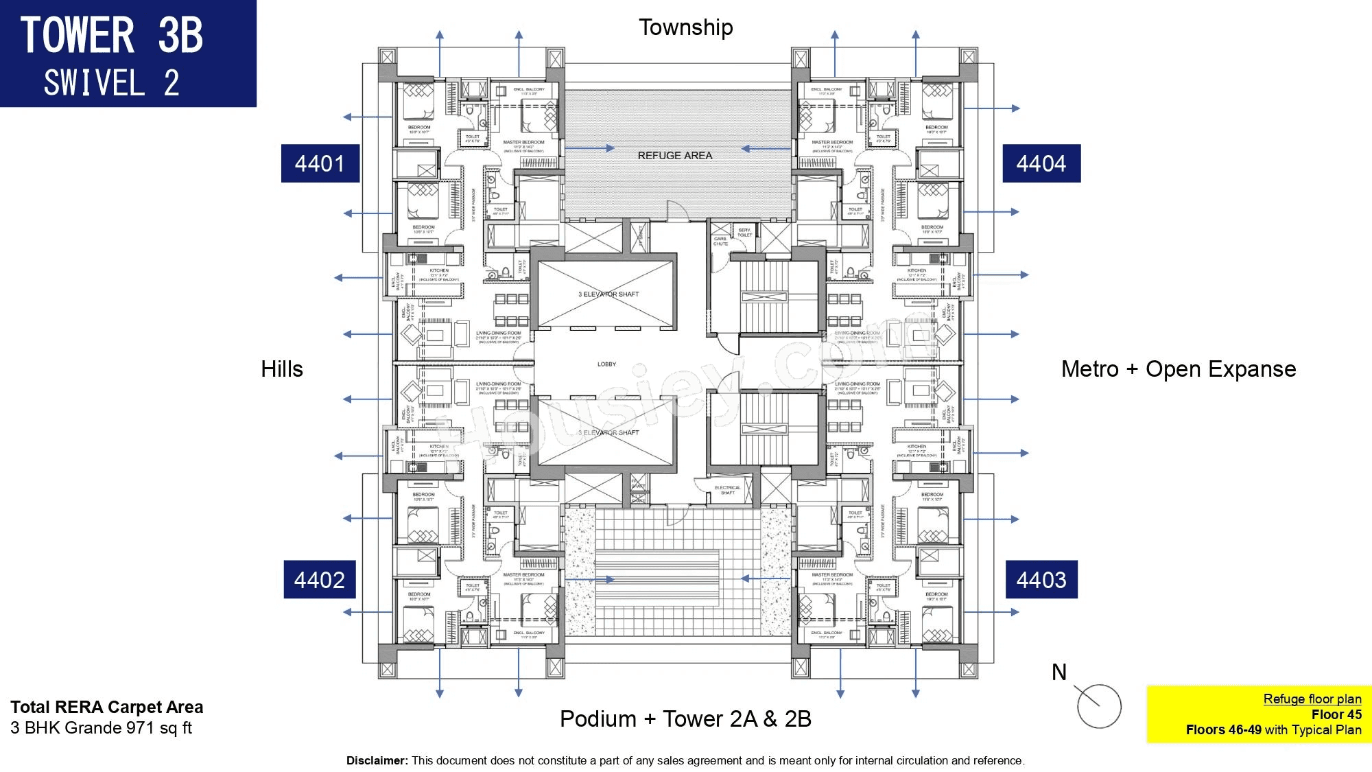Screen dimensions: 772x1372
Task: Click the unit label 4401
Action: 320,163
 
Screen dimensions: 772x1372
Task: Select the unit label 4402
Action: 320,580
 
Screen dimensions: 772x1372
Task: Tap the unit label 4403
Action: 1041,580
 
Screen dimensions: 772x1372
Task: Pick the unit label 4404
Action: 1041,163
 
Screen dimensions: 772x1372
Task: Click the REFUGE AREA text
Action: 675,156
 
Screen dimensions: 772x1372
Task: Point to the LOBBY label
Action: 606,364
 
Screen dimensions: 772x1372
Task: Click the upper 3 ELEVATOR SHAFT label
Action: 608,294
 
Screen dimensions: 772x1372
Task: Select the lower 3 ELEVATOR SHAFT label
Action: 608,433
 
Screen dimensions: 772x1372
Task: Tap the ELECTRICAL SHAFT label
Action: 728,490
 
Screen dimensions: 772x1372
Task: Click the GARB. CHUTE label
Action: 720,241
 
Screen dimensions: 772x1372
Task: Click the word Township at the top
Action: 686,27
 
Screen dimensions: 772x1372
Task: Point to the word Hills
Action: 282,369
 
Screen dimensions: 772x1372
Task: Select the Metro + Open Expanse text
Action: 1179,369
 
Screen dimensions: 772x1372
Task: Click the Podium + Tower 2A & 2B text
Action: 686,719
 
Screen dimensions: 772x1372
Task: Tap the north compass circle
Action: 1099,706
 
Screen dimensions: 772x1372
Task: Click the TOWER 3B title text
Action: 112,36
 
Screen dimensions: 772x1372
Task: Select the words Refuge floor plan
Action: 1312,699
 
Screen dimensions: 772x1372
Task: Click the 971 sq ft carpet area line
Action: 102,728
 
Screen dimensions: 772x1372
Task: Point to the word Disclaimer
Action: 377,760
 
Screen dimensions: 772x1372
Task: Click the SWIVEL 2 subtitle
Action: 112,84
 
